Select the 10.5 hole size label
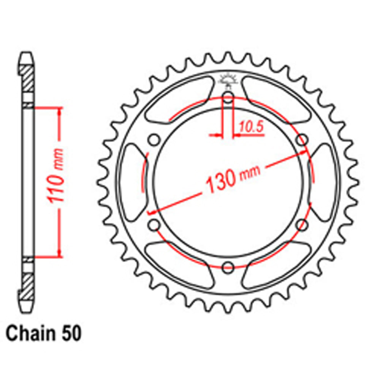(251, 128)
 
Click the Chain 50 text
(43, 334)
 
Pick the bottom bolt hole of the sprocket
(228, 267)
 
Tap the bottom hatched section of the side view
(27, 283)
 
